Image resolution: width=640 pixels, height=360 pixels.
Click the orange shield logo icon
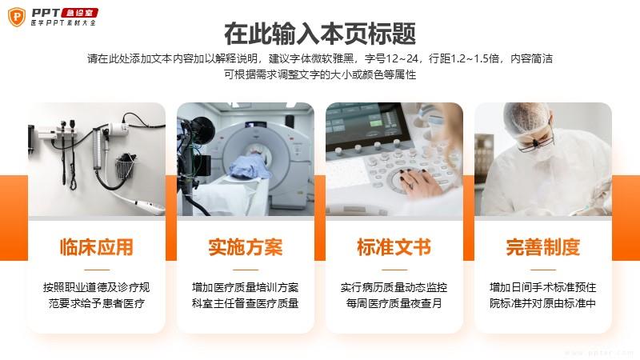pos(17,17)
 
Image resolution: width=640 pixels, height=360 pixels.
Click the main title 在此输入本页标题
pos(320,34)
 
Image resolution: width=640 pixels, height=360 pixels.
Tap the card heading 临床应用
pos(97,247)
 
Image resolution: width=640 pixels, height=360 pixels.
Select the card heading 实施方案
pos(246,247)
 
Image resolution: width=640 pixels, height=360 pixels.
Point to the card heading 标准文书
pos(394,247)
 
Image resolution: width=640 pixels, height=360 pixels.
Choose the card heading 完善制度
pos(543,247)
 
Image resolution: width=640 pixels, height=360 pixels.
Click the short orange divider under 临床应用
pos(97,270)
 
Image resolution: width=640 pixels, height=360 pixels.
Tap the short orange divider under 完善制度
pos(543,270)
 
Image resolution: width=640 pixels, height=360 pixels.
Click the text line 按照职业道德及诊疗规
pos(97,287)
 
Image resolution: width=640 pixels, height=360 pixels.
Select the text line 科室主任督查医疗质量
pos(246,303)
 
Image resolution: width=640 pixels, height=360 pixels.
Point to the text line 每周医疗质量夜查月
pos(394,303)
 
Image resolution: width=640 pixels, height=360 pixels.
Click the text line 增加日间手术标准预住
pos(543,287)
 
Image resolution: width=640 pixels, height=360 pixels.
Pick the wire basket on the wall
pos(126,166)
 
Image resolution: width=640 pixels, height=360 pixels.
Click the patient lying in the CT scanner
pos(250,166)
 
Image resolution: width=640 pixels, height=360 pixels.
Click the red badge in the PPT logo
pos(79,13)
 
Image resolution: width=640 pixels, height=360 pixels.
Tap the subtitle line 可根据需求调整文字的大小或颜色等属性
pos(320,74)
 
